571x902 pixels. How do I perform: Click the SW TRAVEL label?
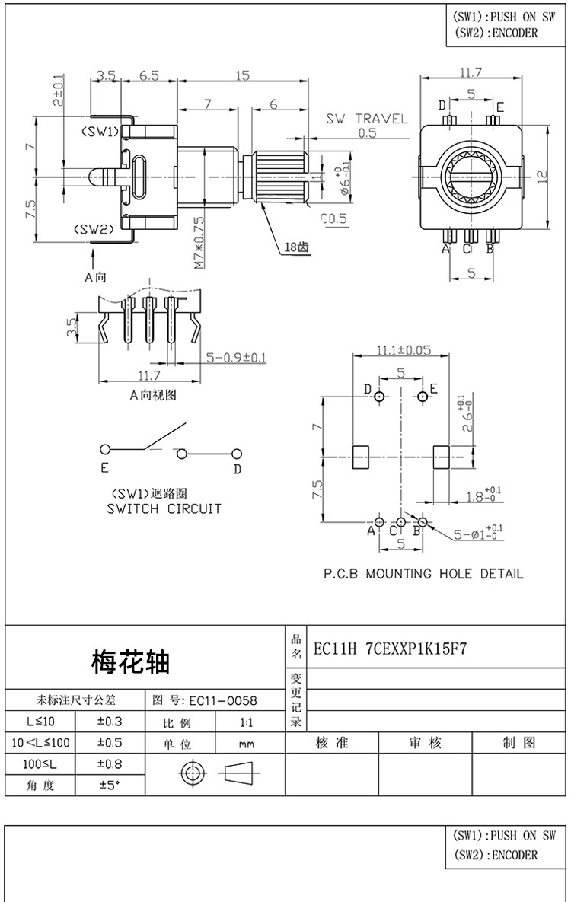(367, 119)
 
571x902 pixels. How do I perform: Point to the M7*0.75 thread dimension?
(199, 243)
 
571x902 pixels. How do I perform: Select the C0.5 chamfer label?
(333, 218)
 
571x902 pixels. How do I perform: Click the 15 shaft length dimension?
(242, 75)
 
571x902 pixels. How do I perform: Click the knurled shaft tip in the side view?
(279, 176)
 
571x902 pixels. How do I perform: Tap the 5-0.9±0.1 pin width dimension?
(236, 357)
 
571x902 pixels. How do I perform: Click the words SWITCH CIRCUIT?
(164, 508)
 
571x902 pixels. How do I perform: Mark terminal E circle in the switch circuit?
(105, 449)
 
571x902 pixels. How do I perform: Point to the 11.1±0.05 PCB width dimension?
(402, 350)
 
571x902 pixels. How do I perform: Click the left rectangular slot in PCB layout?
(359, 457)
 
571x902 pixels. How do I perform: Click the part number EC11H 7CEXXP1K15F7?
(390, 649)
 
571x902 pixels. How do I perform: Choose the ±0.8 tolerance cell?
(110, 763)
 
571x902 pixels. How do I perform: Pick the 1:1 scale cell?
(246, 722)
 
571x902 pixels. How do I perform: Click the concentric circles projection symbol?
(190, 774)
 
